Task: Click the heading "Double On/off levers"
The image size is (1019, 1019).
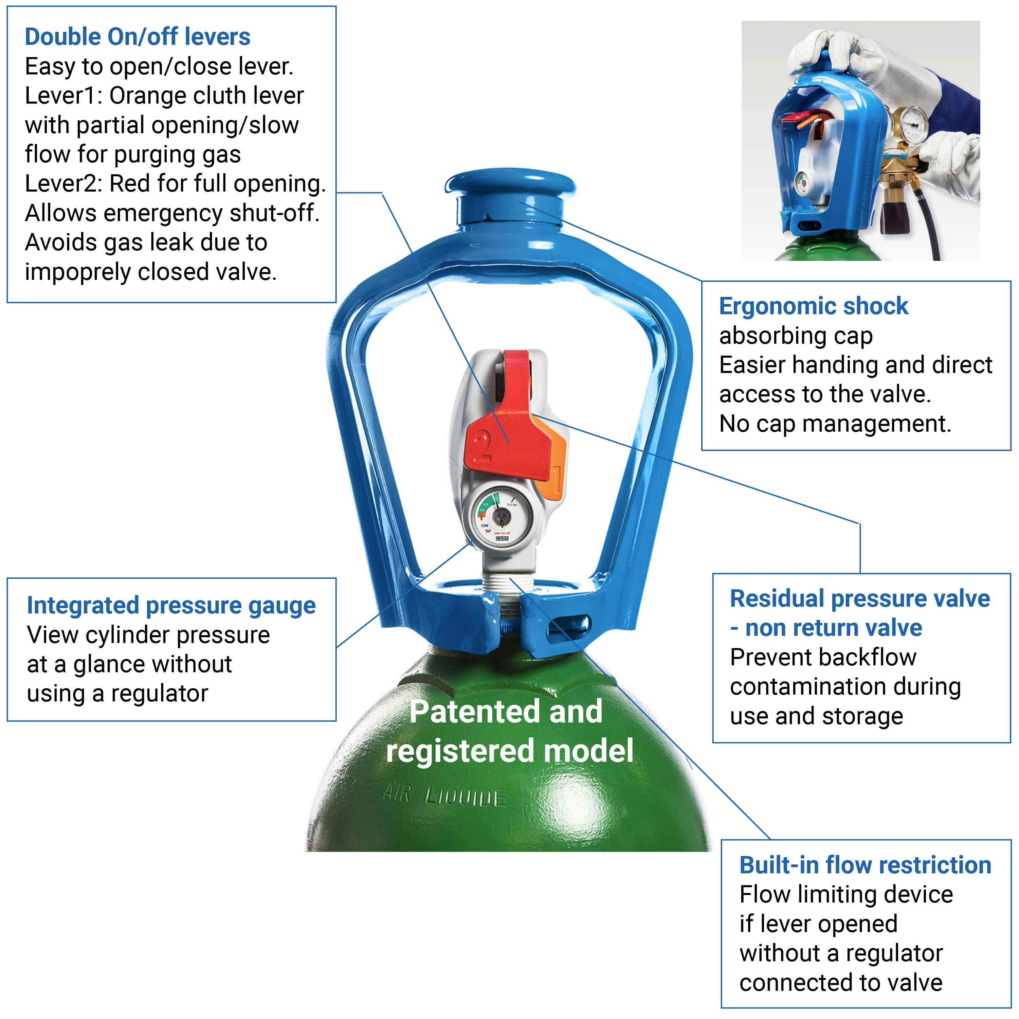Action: coord(137,37)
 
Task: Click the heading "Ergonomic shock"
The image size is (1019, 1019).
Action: coord(813,306)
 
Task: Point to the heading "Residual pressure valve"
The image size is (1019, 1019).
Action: coord(860,598)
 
